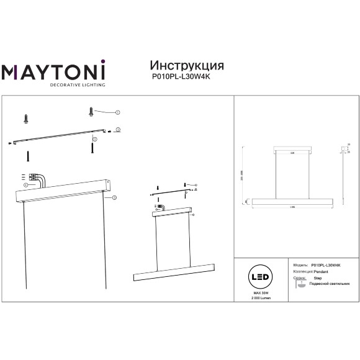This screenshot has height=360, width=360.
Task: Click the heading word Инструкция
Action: (x=187, y=66)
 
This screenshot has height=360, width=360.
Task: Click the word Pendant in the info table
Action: (x=321, y=271)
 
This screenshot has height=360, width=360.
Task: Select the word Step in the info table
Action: (x=318, y=279)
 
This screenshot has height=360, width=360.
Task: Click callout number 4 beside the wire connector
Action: (x=26, y=185)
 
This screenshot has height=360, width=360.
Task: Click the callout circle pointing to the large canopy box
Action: (x=114, y=197)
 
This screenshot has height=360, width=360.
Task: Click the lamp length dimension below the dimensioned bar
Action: (x=292, y=205)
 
